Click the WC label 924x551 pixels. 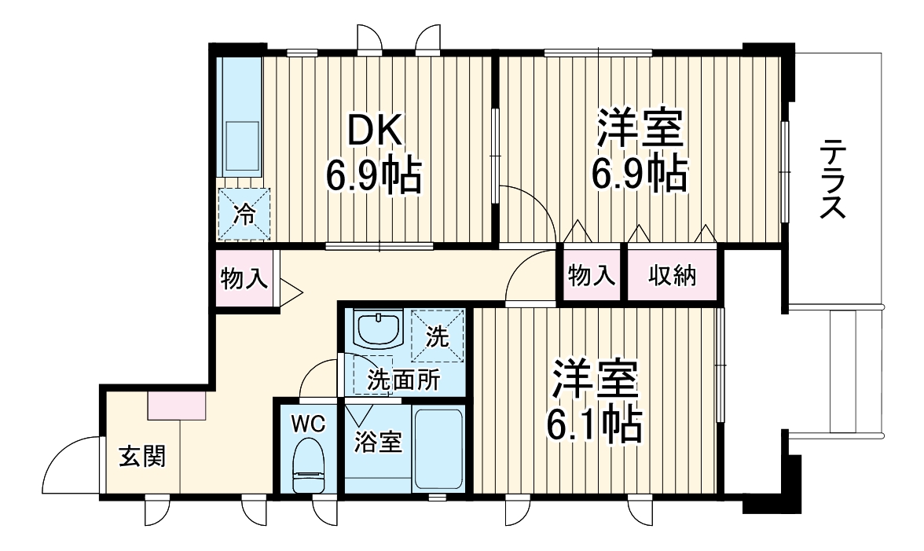point(307,423)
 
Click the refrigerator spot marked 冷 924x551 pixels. point(244,215)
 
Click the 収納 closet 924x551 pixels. point(672,276)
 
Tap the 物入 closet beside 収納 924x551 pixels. point(591,276)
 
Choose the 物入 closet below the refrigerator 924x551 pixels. point(244,278)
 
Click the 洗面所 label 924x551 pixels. point(404,382)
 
